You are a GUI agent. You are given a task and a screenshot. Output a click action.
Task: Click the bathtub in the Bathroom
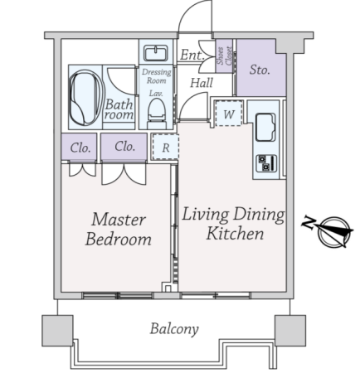coord(86,97)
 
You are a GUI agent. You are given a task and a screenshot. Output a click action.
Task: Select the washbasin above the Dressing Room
coord(156,53)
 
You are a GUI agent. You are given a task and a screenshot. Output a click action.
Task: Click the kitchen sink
coord(265,127)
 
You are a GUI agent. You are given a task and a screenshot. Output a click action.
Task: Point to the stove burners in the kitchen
coord(266,163)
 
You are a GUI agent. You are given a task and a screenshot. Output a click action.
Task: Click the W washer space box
coord(229,114)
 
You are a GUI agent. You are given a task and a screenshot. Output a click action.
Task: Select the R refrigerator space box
coord(165,147)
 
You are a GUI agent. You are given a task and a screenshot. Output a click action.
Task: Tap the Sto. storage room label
coord(260,70)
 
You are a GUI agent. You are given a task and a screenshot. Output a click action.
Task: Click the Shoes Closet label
coord(224,56)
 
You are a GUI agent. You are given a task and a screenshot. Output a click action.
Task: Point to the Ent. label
coord(192,55)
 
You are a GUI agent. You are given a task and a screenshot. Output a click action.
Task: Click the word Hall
coord(202,82)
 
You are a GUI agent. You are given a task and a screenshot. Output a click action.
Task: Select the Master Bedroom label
coord(119,230)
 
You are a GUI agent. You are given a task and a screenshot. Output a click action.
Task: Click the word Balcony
coord(174,329)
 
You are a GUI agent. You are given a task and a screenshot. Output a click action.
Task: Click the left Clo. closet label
coord(80,148)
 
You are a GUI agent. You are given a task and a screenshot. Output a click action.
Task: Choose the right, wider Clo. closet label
coord(124,146)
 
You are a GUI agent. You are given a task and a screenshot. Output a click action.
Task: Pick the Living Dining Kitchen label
coord(233,224)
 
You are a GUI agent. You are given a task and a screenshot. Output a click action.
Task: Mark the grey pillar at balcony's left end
coord(57,331)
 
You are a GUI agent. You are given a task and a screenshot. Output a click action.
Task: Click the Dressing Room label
coord(157,76)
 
